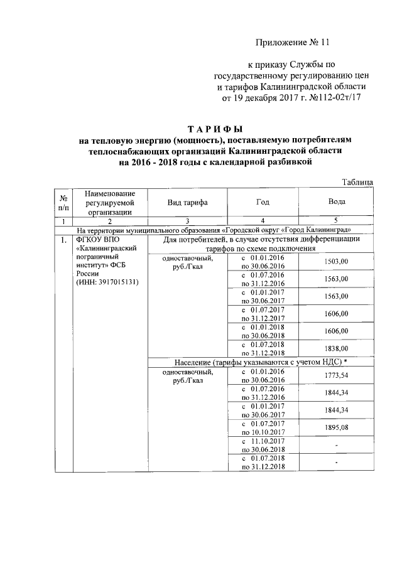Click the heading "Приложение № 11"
tap(293, 43)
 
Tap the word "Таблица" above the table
tap(359, 182)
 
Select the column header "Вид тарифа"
tap(187, 202)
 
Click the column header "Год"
tap(263, 202)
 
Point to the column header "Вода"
tap(336, 202)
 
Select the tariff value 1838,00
tap(336, 348)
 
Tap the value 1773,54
tap(336, 375)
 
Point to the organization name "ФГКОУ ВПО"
tap(97, 240)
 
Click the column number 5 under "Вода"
tap(336, 221)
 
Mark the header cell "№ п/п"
tap(63, 202)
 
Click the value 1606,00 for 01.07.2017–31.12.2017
tap(336, 314)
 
